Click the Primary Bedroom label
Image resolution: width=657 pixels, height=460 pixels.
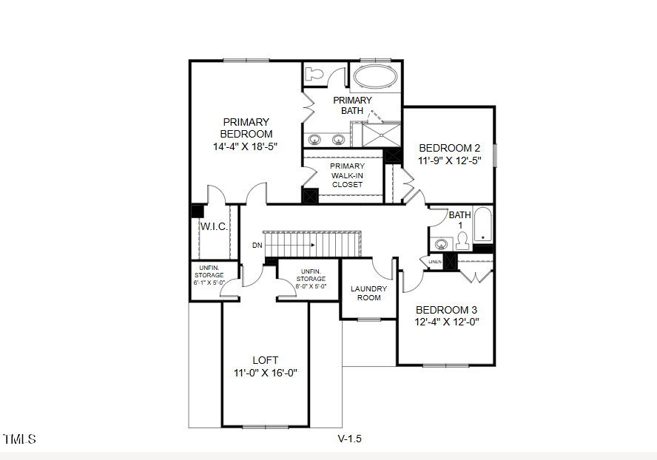tap(246, 128)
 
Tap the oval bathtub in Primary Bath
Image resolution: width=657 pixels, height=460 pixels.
tap(376, 76)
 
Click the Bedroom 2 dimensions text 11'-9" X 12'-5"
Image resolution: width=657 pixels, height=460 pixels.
tap(450, 160)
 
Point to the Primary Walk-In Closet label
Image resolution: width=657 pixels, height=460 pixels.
tap(347, 175)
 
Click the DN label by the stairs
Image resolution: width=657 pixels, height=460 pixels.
tap(257, 244)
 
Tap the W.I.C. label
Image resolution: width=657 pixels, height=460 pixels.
tap(214, 227)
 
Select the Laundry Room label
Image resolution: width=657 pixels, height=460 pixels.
tap(368, 293)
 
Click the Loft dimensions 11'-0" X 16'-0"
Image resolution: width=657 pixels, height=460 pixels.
tap(265, 373)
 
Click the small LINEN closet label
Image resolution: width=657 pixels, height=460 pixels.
tap(434, 262)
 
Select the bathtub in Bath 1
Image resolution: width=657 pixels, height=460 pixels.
tap(482, 224)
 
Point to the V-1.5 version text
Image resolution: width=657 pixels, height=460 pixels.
tap(349, 439)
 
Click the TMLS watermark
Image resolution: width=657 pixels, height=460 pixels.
tap(20, 439)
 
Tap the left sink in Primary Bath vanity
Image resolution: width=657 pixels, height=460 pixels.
tap(314, 138)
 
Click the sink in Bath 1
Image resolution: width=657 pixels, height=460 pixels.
tap(442, 243)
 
